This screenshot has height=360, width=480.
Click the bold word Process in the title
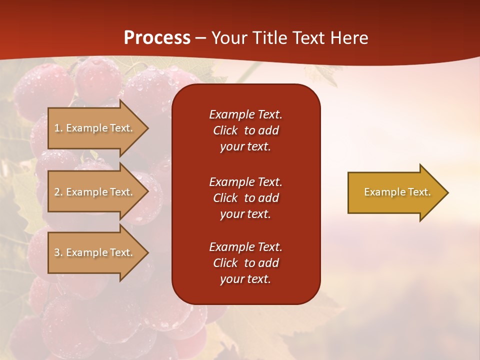click(x=157, y=37)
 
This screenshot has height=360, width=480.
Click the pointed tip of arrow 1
click(x=146, y=128)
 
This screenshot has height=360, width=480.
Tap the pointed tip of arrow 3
click(x=146, y=252)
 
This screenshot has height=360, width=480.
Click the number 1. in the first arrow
click(x=58, y=128)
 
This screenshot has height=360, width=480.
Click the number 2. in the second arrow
click(x=58, y=192)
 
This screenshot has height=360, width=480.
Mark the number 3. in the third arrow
click(x=58, y=252)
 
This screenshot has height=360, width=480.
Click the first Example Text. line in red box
click(x=245, y=114)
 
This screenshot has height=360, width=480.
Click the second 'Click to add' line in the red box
click(x=245, y=198)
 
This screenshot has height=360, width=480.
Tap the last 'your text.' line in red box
click(x=245, y=279)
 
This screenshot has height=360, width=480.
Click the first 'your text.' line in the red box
click(x=245, y=146)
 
